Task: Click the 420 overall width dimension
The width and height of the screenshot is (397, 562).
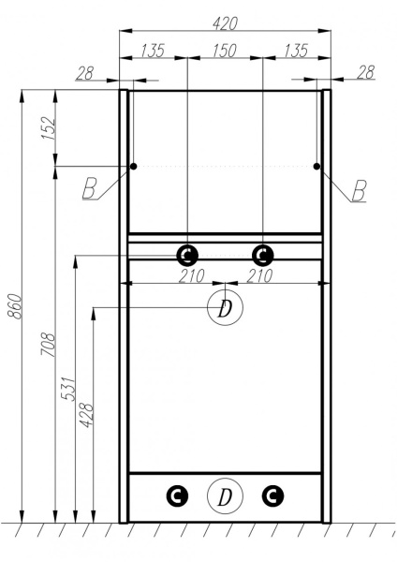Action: (x=225, y=21)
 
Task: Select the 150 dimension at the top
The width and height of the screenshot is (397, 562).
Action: (x=225, y=50)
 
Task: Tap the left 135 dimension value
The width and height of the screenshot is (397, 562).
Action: (x=154, y=50)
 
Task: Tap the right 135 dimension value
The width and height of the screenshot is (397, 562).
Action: (x=295, y=50)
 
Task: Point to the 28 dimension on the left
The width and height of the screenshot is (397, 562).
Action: (x=85, y=72)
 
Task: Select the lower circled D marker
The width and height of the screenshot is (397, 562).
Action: (x=224, y=496)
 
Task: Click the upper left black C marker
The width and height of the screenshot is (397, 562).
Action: (x=187, y=254)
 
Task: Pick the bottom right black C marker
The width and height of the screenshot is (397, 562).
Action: (x=272, y=496)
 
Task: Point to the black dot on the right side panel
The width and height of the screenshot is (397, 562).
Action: (x=316, y=167)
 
